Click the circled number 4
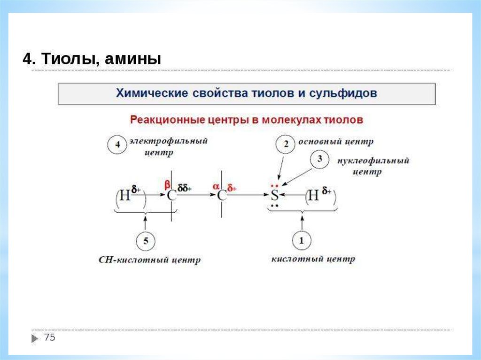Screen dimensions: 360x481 (x=117, y=145)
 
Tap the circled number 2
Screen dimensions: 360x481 (x=286, y=144)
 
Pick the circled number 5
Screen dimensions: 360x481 (x=146, y=241)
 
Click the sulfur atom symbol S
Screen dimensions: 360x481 (x=275, y=196)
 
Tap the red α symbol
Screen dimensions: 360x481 (x=216, y=186)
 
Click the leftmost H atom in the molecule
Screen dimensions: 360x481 (x=124, y=196)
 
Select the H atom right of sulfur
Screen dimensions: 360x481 (x=313, y=196)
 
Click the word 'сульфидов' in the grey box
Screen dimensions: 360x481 (x=343, y=93)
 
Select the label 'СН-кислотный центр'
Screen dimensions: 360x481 (x=150, y=260)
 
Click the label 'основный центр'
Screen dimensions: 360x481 (x=337, y=141)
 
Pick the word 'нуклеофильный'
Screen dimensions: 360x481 (x=373, y=161)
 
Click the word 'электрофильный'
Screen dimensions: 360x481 (x=169, y=141)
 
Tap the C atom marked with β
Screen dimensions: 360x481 (x=172, y=196)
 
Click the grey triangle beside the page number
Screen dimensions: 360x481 (x=36, y=338)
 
